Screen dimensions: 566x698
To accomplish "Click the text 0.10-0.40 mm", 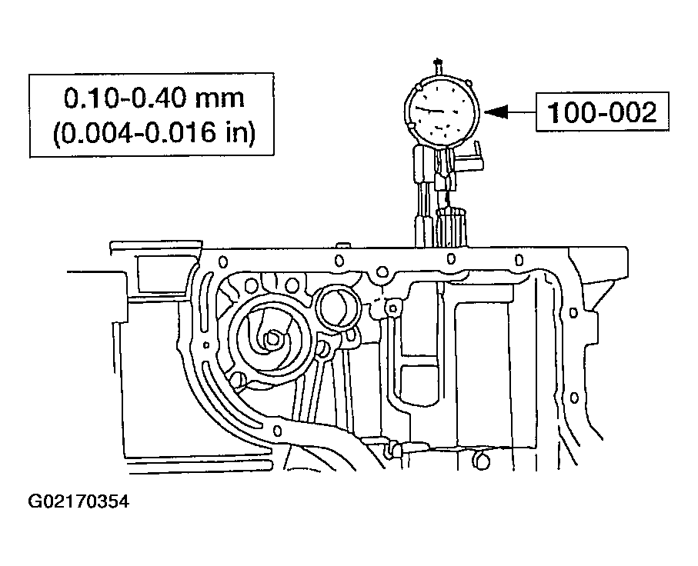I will (x=154, y=98).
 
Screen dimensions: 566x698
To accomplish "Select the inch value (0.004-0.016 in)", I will (x=154, y=132).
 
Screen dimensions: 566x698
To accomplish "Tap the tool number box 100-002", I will (x=603, y=113).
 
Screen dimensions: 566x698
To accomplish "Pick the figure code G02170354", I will (x=79, y=502).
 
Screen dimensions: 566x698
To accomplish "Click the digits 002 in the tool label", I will (x=631, y=113).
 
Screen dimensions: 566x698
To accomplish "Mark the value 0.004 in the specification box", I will (x=92, y=132).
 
